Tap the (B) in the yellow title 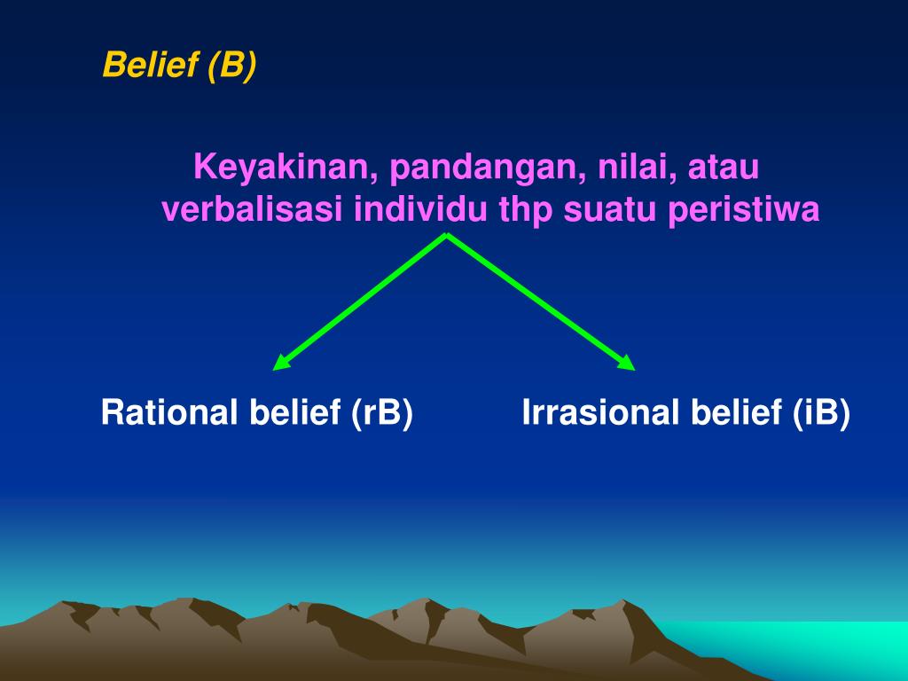[x=232, y=65]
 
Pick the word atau [x=724, y=168]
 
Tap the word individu [x=420, y=209]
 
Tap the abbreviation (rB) [x=381, y=413]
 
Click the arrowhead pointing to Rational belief [x=280, y=363]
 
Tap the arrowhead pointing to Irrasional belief [x=627, y=363]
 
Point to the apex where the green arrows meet [x=447, y=234]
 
